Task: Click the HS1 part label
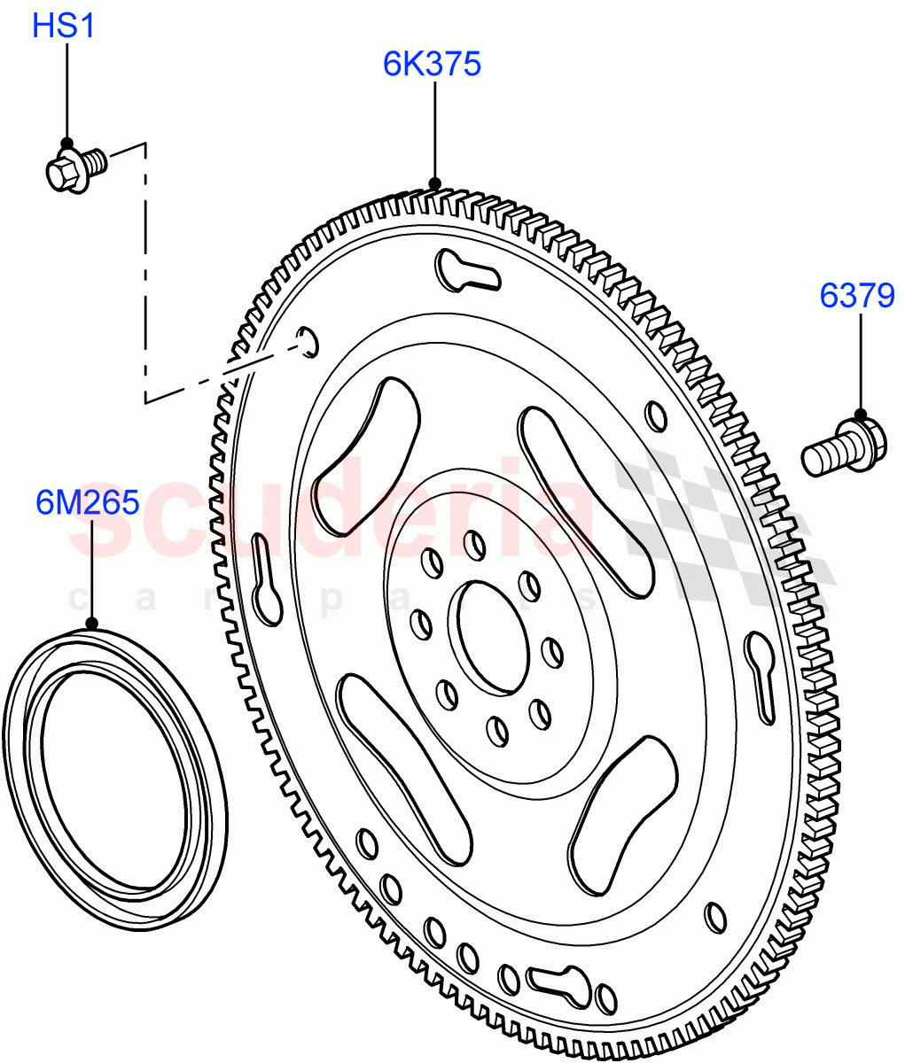[x=63, y=27]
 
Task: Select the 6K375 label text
[x=432, y=64]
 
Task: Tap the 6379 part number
[x=856, y=295]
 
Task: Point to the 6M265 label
[x=88, y=503]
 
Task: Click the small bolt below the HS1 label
[x=74, y=168]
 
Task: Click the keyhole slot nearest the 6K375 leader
[x=466, y=272]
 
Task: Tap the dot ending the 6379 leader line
[x=860, y=414]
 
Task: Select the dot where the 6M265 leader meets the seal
[x=91, y=624]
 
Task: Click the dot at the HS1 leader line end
[x=66, y=143]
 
